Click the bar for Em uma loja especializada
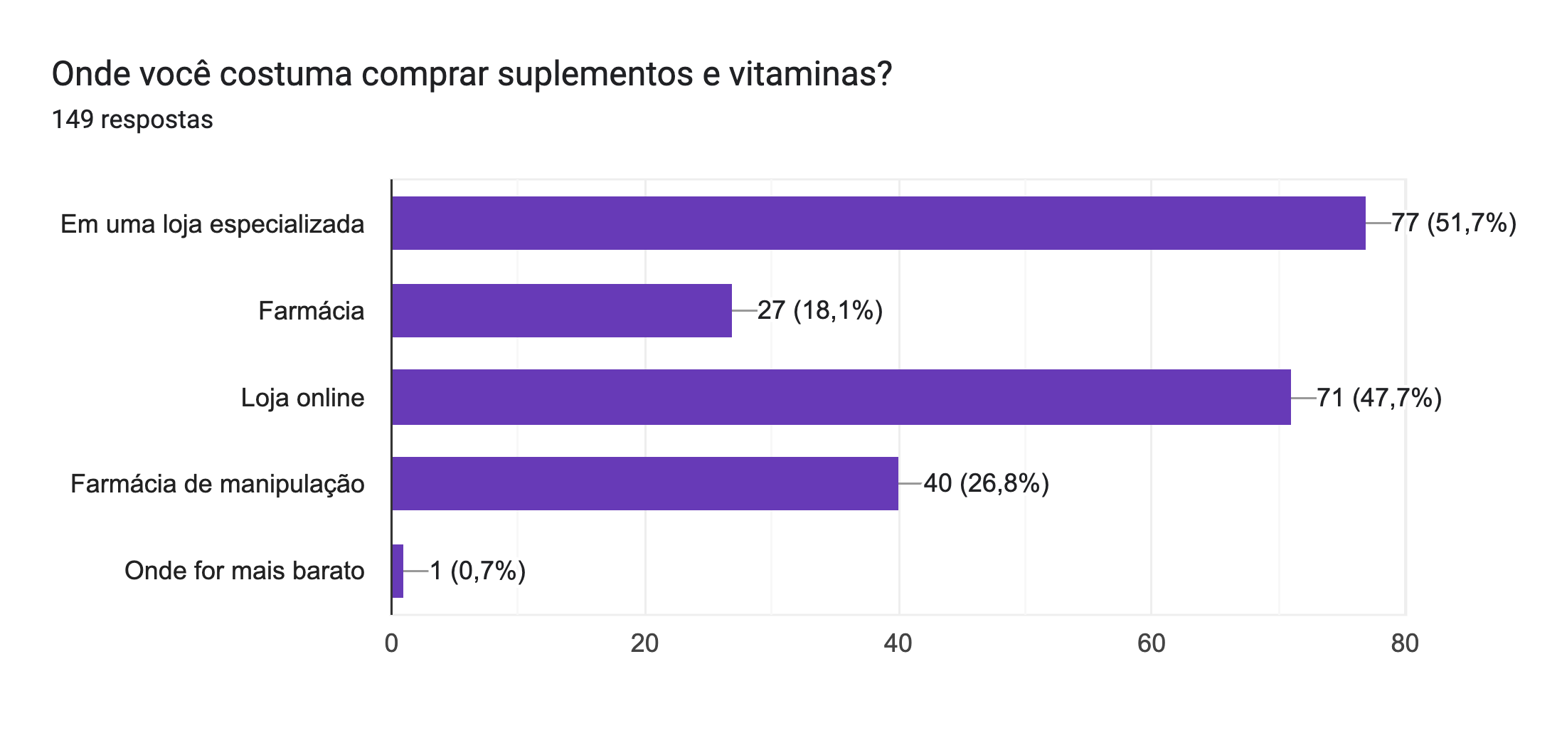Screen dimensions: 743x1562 coord(878,223)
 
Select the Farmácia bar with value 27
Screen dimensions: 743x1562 coord(561,310)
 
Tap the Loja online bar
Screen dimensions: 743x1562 coord(841,397)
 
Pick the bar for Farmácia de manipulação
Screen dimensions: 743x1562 coord(644,483)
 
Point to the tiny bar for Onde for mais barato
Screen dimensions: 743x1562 coord(398,571)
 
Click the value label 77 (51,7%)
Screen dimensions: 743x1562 coord(1453,223)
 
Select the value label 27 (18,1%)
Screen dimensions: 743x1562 coord(819,310)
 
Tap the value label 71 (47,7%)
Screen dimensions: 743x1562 coord(1378,397)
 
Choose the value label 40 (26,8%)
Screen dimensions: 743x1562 coord(986,483)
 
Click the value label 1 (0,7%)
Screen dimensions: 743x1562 coord(477,571)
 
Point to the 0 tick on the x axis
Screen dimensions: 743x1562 coord(391,643)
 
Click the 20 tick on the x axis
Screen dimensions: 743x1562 coord(644,643)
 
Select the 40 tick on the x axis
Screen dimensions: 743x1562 coord(898,643)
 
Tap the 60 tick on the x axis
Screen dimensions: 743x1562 coord(1151,643)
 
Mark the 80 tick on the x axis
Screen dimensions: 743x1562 coord(1405,643)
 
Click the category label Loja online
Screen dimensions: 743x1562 coord(302,397)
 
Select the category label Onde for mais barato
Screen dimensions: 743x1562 coord(244,571)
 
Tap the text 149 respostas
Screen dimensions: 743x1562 coord(132,120)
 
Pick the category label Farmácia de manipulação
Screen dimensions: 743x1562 coord(217,484)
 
